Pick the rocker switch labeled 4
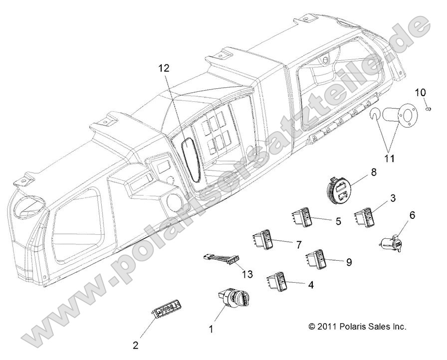[278, 281]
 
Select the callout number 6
[412, 215]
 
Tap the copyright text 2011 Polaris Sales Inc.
[357, 327]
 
